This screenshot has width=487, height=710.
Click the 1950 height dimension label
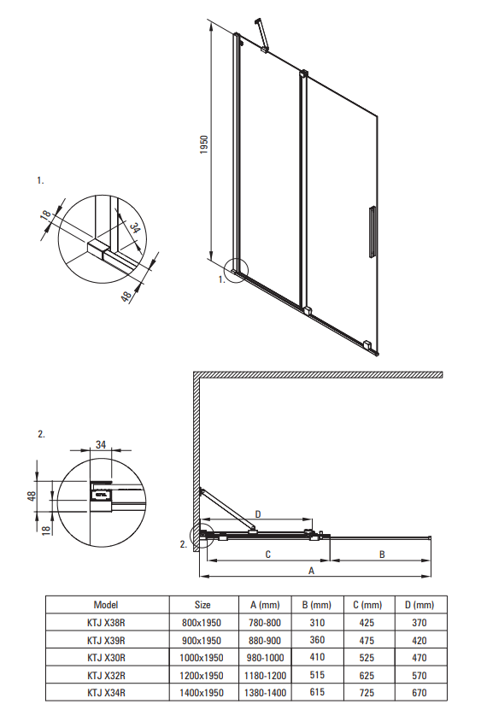pyautogui.click(x=204, y=144)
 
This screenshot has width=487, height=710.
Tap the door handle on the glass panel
pyautogui.click(x=372, y=232)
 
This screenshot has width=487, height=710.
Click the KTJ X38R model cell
pyautogui.click(x=106, y=623)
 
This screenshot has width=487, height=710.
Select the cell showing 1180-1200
pyautogui.click(x=265, y=676)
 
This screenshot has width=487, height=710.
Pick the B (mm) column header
pyautogui.click(x=317, y=605)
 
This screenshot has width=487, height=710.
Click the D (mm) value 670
pyautogui.click(x=420, y=693)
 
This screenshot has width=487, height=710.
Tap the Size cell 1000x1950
pyautogui.click(x=202, y=658)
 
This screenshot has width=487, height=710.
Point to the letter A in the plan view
pyautogui.click(x=311, y=571)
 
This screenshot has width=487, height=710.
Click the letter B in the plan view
pyautogui.click(x=382, y=555)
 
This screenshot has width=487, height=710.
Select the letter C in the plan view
pyautogui.click(x=268, y=555)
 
